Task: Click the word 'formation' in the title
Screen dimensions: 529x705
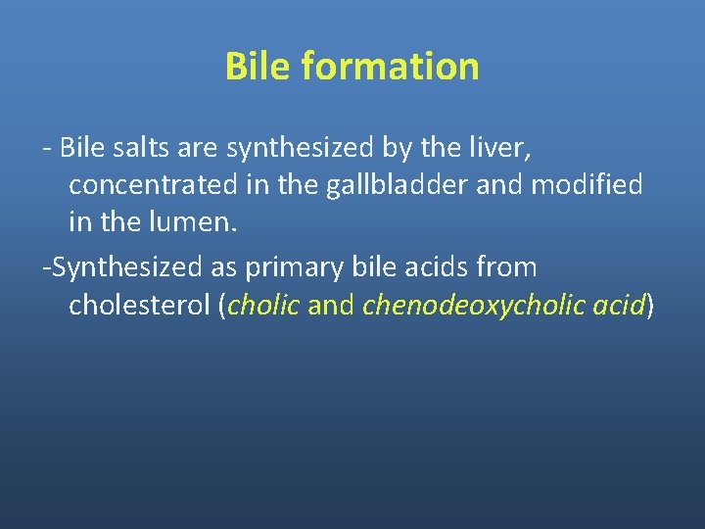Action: pos(391,67)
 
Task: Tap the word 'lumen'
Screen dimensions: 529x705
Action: pos(189,222)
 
